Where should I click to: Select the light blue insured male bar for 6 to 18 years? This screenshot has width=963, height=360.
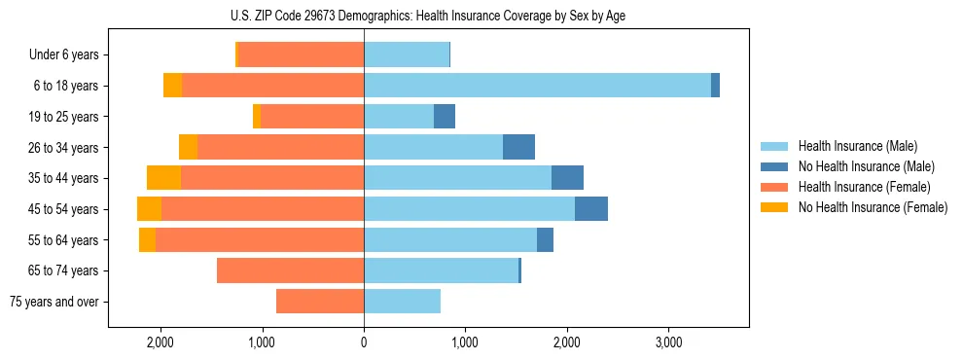(x=537, y=86)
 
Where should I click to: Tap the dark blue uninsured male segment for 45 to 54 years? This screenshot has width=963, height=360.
(x=591, y=209)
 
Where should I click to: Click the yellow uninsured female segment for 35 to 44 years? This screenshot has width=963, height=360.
(x=163, y=178)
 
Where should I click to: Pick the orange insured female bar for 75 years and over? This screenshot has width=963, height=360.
(x=320, y=302)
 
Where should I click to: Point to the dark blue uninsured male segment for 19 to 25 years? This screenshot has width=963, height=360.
(x=445, y=117)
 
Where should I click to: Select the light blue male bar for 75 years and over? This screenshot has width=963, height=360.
(x=403, y=302)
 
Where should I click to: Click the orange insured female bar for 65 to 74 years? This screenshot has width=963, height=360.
(x=290, y=270)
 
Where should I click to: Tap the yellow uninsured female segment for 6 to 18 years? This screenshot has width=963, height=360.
(x=172, y=86)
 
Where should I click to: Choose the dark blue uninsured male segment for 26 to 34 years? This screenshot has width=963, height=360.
(x=518, y=147)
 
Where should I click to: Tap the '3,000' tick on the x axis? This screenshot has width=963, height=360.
(x=668, y=342)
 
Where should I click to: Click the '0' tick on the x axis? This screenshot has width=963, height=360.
(x=364, y=342)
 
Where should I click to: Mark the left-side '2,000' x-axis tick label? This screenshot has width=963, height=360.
(x=160, y=342)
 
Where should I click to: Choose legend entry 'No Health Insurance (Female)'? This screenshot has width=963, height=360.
(x=873, y=207)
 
